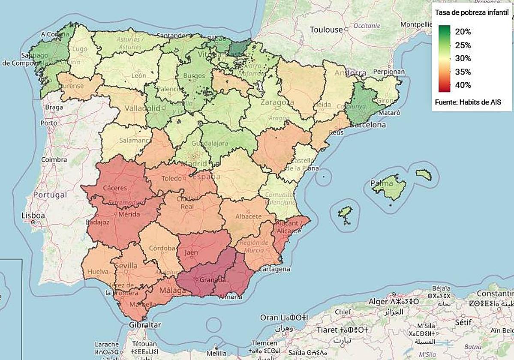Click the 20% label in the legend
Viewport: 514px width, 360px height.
(x=463, y=32)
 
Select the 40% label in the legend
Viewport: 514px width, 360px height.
(x=463, y=85)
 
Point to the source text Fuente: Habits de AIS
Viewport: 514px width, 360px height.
(x=468, y=102)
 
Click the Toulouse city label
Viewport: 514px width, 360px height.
(x=327, y=30)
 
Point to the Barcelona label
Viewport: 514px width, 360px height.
(x=368, y=125)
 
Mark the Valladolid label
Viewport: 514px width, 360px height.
(x=142, y=108)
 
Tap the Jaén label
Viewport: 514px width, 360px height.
(x=191, y=252)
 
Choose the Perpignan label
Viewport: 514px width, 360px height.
(x=389, y=72)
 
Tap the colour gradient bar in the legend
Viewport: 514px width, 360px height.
(x=445, y=58)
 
